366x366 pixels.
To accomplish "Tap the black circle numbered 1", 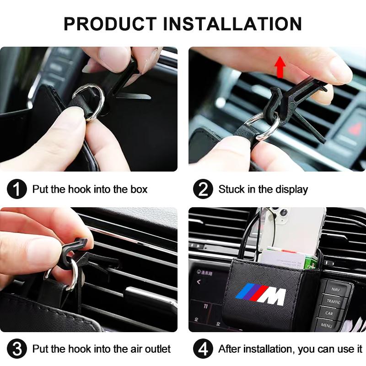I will [17, 189].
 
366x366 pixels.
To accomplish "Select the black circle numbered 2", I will [203, 189].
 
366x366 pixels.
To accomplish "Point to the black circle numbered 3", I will [17, 349].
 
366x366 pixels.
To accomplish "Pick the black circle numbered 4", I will [203, 349].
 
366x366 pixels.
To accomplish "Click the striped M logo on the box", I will [260, 293].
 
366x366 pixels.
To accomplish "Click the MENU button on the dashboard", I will [327, 325].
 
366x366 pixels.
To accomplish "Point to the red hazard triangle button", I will [355, 129].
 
